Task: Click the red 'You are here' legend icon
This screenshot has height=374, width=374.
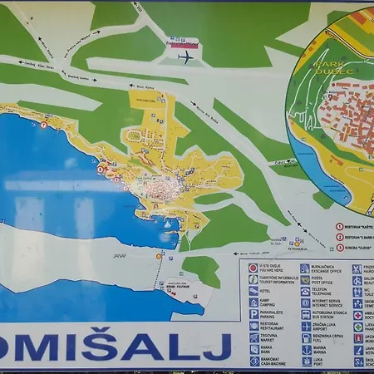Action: point(253,268)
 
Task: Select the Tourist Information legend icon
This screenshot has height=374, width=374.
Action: point(253,279)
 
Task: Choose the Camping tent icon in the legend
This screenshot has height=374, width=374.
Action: point(253,303)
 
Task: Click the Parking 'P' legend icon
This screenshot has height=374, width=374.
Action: point(253,315)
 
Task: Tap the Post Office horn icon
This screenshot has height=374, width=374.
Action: point(305,280)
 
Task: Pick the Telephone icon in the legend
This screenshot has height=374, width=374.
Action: point(305,292)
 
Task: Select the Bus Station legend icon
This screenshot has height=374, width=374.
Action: point(305,315)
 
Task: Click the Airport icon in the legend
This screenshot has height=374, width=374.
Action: point(305,327)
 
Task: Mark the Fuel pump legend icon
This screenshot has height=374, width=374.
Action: point(305,338)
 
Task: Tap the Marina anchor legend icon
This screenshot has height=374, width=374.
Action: point(305,350)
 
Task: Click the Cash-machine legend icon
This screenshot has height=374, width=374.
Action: point(253,362)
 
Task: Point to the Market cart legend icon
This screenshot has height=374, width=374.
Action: point(253,338)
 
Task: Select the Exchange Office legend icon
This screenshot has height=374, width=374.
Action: point(305,268)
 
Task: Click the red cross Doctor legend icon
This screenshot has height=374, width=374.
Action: point(358,315)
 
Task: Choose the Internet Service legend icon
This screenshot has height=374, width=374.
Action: point(305,303)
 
